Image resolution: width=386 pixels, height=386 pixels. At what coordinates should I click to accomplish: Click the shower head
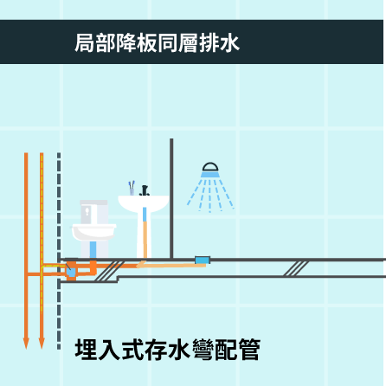(210, 170)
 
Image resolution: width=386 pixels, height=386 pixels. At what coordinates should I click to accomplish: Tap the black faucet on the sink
(145, 190)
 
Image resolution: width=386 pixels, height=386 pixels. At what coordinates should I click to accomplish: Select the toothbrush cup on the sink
(132, 189)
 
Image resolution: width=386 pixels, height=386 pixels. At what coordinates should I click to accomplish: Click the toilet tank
(93, 212)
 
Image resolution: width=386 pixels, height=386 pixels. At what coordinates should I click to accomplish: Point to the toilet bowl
(93, 232)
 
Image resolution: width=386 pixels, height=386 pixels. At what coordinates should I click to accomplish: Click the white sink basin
(144, 203)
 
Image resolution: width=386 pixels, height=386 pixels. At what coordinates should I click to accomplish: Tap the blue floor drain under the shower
(203, 260)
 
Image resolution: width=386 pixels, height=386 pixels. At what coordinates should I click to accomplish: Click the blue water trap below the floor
(71, 272)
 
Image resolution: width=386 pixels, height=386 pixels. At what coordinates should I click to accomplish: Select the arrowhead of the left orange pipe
(26, 343)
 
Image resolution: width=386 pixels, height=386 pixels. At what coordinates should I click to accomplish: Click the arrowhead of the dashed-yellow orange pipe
(42, 343)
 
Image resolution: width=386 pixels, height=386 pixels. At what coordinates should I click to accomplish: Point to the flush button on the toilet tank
(87, 211)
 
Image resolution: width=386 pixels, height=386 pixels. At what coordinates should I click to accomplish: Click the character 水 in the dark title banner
(229, 43)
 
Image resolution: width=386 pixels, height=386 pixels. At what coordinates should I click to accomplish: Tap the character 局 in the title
(85, 43)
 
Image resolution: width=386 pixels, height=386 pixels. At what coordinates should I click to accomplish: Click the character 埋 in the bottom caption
(86, 350)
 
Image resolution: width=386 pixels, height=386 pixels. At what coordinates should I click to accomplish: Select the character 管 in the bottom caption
(249, 350)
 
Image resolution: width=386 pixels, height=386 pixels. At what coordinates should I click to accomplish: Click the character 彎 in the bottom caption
(203, 350)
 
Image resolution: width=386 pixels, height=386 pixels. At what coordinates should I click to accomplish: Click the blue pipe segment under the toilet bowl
(93, 249)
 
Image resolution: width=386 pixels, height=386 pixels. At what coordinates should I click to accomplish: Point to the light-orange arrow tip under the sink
(139, 264)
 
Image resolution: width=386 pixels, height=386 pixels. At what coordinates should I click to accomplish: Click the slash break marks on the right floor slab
(296, 268)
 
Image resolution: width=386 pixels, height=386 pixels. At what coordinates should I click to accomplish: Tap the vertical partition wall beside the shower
(171, 198)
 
